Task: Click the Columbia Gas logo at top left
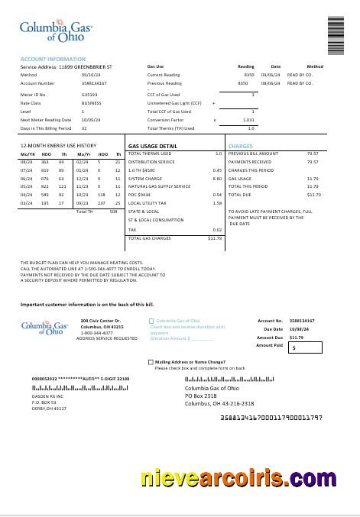tap(56, 31)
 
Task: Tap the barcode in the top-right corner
tap(336, 35)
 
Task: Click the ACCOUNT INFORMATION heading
tap(53, 59)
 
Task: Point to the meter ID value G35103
tap(89, 95)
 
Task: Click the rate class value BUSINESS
tap(91, 103)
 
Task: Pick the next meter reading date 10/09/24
tap(91, 120)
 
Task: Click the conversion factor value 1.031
tap(248, 120)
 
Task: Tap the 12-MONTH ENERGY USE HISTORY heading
tap(58, 145)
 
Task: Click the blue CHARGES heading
tap(240, 146)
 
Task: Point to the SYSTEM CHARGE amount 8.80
tap(217, 178)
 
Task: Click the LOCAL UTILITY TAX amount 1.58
tap(217, 203)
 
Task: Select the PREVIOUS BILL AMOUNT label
tap(253, 153)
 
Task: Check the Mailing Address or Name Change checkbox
tap(151, 362)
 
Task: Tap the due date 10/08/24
tap(297, 329)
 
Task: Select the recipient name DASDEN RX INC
tap(47, 396)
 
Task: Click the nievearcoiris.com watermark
tap(238, 479)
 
